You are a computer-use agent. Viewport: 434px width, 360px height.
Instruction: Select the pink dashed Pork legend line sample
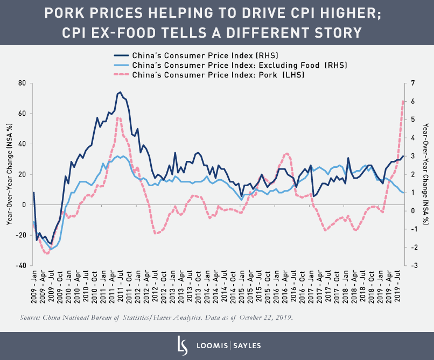point(121,74)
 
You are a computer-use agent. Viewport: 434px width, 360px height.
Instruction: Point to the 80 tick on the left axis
point(22,83)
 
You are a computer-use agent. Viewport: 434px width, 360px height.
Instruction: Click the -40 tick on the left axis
point(20,265)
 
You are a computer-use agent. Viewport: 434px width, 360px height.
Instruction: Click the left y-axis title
point(9,174)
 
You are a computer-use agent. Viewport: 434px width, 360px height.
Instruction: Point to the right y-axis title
point(425,174)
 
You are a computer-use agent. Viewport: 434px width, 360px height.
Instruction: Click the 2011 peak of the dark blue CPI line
point(120,92)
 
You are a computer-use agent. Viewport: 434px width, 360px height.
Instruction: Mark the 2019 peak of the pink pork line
point(402,101)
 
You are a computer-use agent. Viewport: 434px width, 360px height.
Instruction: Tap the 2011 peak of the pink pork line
point(117,117)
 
